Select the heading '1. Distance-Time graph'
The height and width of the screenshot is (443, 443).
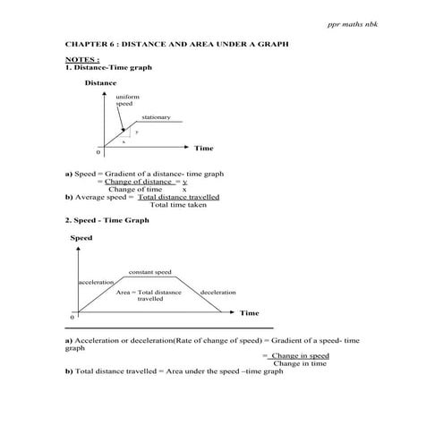[105, 68]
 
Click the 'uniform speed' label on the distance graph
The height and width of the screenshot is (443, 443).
[127, 101]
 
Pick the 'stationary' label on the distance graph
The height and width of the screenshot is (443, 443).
[156, 117]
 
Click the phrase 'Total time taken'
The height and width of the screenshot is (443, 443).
[178, 205]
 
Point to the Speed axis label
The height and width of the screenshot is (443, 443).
[81, 238]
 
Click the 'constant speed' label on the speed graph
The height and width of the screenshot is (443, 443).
[149, 271]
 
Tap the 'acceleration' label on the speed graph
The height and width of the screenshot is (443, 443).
[97, 282]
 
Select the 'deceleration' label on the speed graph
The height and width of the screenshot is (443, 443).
[217, 293]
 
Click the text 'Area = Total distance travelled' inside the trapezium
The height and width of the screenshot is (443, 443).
[149, 296]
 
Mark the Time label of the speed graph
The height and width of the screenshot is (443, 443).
[249, 313]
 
